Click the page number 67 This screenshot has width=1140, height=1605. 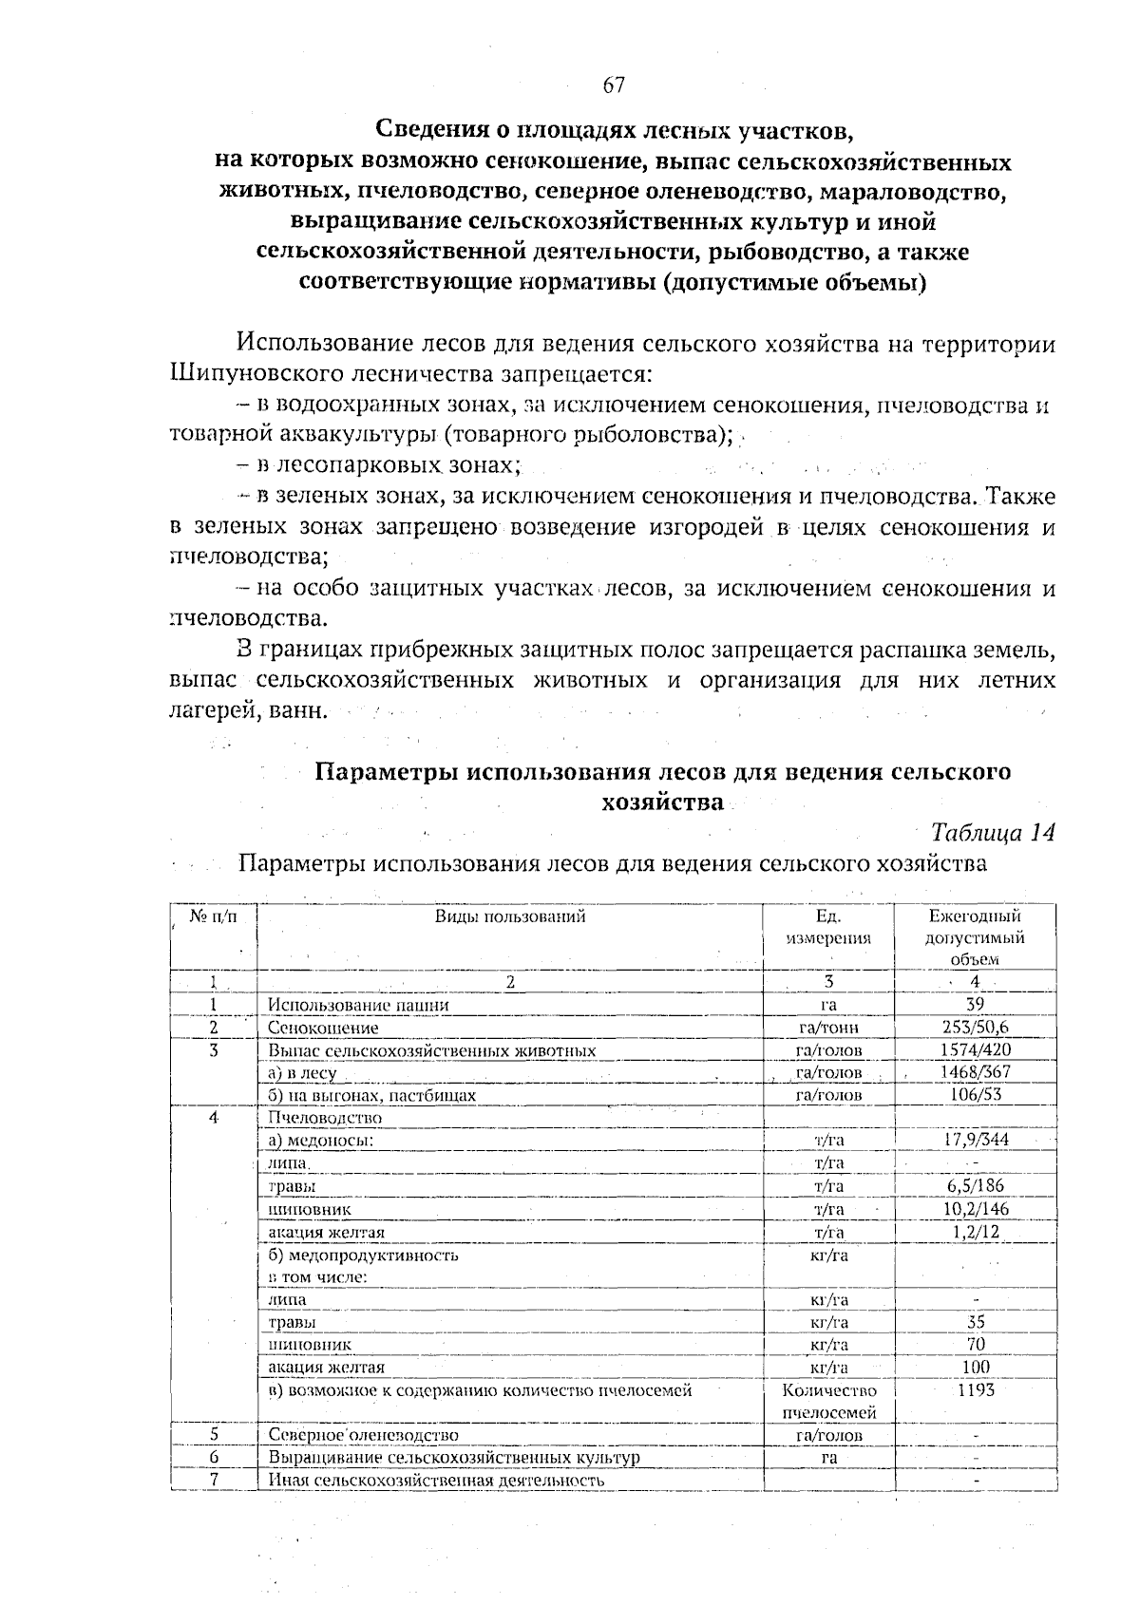click(x=614, y=85)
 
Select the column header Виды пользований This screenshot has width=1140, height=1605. click(x=510, y=916)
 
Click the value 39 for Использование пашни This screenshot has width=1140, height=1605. click(x=974, y=1004)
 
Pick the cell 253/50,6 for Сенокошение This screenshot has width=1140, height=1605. click(x=974, y=1027)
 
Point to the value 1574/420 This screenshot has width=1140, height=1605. click(x=974, y=1049)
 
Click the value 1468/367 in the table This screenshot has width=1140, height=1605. click(x=974, y=1072)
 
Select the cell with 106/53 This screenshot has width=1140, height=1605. click(x=976, y=1094)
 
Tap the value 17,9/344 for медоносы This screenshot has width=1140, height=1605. click(x=976, y=1140)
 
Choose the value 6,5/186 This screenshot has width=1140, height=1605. click(x=975, y=1185)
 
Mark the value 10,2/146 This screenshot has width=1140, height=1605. click(x=975, y=1208)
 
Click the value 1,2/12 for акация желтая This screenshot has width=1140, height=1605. click(x=975, y=1232)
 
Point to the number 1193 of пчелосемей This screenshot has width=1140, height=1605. click(x=975, y=1389)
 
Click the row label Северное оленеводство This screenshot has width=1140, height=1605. click(x=363, y=1435)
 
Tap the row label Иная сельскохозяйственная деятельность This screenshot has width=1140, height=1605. click(x=436, y=1480)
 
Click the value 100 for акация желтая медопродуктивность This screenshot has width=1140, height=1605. click(x=975, y=1367)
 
